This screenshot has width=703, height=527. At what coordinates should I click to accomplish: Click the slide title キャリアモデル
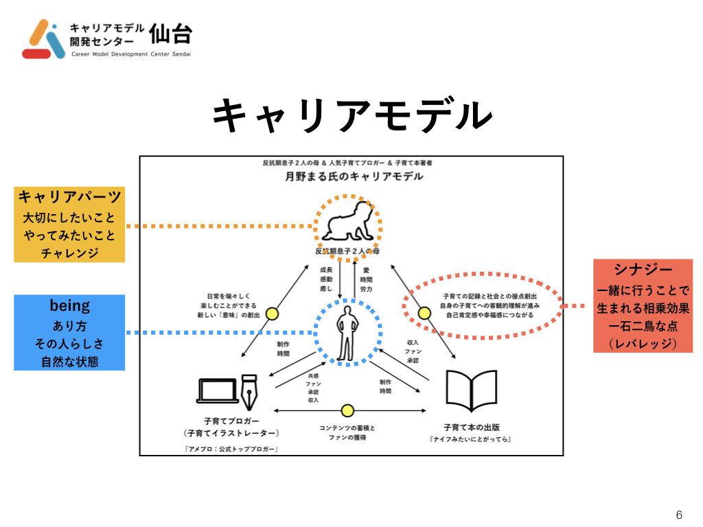coord(351,115)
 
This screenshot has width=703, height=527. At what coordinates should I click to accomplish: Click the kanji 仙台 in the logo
coord(171,34)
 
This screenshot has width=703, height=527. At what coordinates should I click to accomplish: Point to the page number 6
coord(679,515)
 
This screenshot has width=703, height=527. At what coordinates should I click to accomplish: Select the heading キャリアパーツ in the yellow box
coord(69,198)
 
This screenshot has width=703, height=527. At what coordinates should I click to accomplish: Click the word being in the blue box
coord(69,306)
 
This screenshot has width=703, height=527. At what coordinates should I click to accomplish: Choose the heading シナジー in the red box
coord(643,270)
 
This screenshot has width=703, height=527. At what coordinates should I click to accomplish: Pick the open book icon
coord(472,390)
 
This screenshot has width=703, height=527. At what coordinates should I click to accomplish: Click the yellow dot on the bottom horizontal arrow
coord(347,411)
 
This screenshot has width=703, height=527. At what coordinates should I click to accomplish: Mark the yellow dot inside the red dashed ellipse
coord(424,314)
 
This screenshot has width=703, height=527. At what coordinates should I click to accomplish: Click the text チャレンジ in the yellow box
coord(69,253)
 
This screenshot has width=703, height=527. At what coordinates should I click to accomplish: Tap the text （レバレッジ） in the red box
coord(643,343)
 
